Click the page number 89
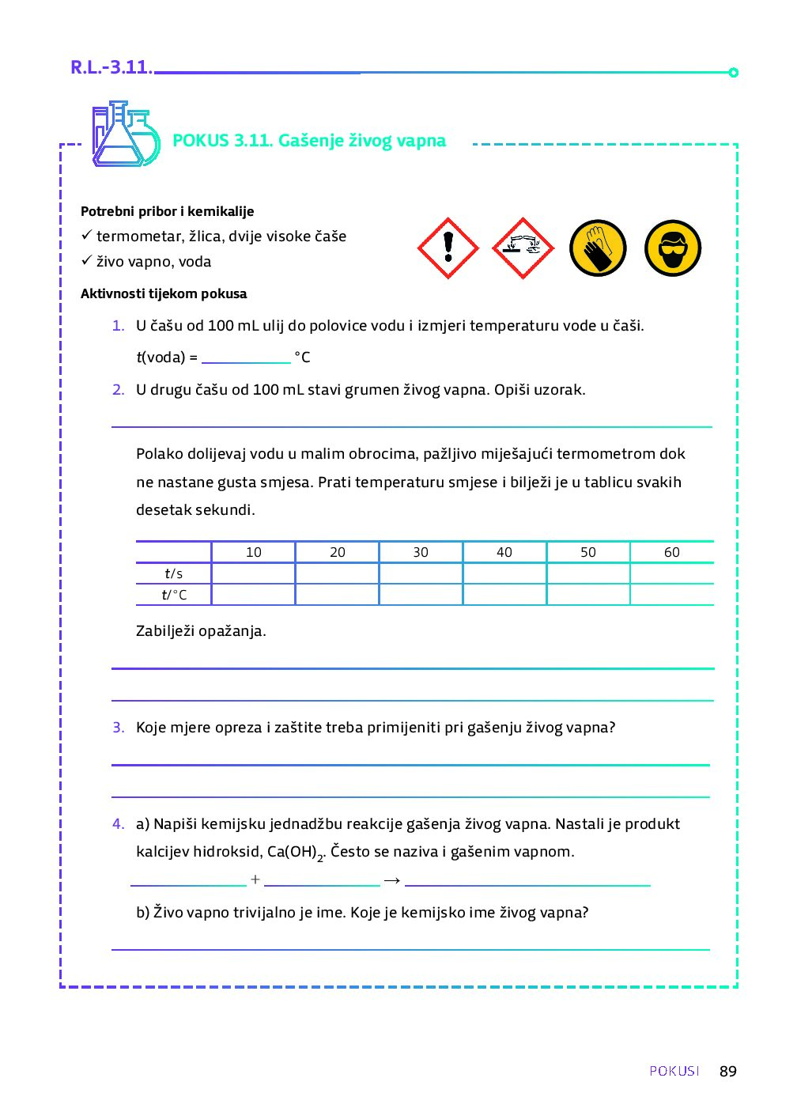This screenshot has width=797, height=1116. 727,1071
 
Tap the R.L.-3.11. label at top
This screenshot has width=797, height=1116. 111,67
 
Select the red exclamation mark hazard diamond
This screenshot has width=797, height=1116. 448,248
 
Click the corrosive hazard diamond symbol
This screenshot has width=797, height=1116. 523,248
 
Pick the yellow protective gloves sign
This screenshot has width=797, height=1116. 598,248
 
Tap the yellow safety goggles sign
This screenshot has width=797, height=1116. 673,248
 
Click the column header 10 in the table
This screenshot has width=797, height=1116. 254,552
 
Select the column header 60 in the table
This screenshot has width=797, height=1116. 672,552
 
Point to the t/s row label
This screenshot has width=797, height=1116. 174,573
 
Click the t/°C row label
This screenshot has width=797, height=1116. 174,595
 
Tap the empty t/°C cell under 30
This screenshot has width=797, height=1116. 421,595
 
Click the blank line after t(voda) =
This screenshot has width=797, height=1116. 246,357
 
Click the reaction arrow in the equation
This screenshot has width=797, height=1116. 392,880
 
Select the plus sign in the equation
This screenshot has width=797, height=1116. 255,880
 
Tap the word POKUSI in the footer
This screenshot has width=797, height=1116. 674,1071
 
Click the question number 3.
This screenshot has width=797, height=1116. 118,728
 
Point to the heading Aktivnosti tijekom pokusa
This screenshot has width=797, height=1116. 164,293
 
